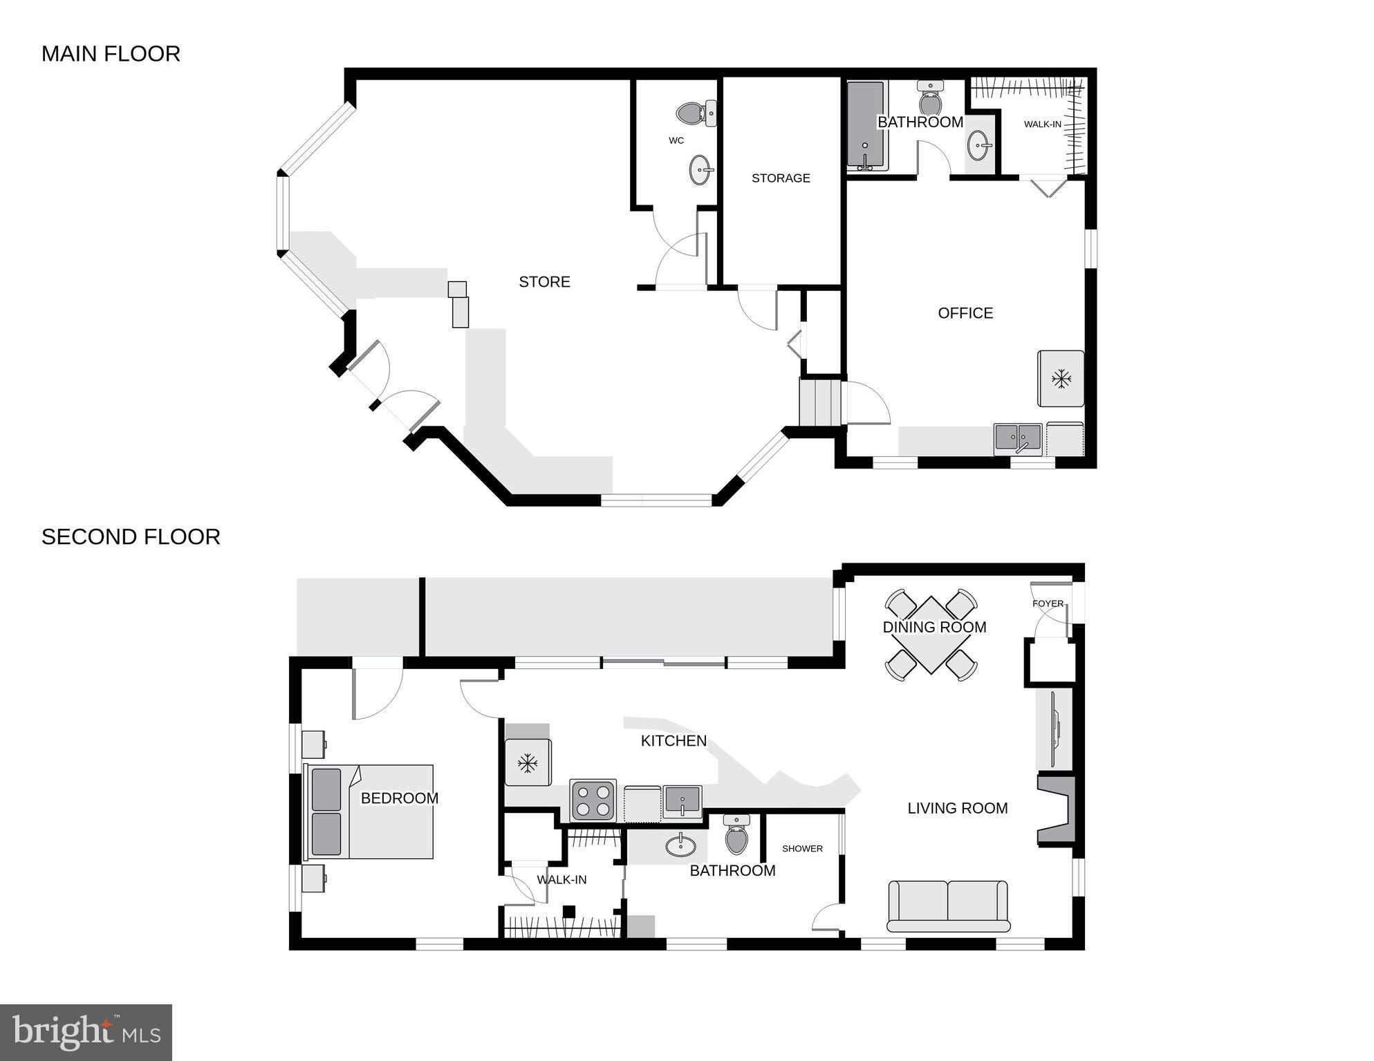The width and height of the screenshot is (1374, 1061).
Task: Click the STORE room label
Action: tap(544, 281)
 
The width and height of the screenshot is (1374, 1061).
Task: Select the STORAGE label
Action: tap(781, 178)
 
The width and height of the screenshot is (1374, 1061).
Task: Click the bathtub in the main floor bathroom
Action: tap(866, 126)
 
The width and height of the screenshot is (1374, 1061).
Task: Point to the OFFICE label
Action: tap(965, 313)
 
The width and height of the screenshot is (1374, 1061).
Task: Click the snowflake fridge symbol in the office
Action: tap(1061, 379)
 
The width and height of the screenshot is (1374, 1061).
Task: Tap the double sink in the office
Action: tap(1018, 439)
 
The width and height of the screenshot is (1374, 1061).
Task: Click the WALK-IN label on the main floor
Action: tap(1042, 124)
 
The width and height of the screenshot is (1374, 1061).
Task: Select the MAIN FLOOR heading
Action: tap(111, 54)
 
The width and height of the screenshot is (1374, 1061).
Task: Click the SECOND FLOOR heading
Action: tap(131, 537)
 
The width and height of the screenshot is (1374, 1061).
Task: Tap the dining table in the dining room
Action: tap(931, 635)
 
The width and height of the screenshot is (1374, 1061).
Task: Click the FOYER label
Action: tap(1048, 603)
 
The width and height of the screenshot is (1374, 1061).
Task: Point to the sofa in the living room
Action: tap(947, 906)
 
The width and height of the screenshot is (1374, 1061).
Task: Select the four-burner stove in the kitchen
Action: tap(593, 800)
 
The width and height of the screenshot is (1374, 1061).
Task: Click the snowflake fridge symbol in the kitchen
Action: tap(528, 763)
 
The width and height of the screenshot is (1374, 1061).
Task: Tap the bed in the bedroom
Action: tap(371, 811)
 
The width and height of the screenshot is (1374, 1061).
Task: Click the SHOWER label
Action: tap(802, 848)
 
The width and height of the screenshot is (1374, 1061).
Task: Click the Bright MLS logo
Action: tap(86, 1032)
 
